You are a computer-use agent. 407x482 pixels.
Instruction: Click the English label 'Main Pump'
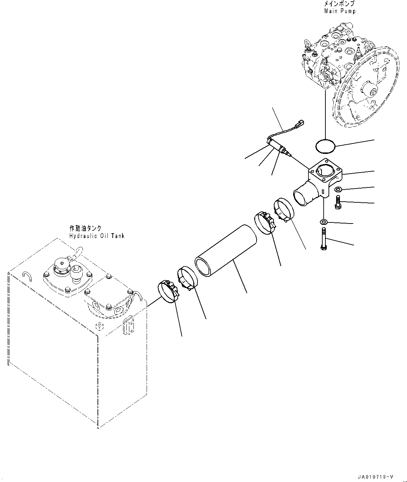coord(340,11)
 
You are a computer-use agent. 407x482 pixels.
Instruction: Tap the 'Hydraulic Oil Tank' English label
coord(96,236)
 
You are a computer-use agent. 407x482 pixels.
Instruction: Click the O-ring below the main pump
coord(325,146)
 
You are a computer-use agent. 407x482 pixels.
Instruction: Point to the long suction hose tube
coord(226,251)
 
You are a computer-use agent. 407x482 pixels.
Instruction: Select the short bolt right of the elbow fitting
coord(337,202)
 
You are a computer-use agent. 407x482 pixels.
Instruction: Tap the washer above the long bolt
coord(323,222)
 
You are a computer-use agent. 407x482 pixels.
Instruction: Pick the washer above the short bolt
coord(338,189)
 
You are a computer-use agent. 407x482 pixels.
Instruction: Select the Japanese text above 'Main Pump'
coord(340,4)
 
